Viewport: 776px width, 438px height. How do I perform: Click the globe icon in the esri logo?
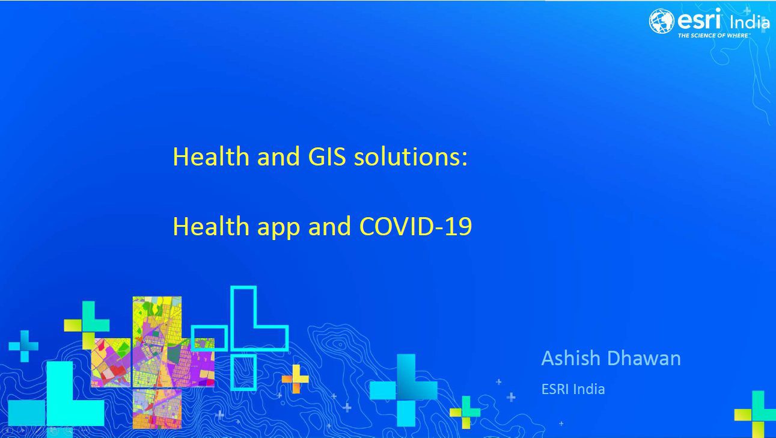point(661,21)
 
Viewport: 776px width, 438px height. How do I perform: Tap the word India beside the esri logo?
point(750,22)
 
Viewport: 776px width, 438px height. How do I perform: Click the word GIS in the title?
point(326,156)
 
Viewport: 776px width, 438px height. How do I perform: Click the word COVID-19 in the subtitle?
point(416,226)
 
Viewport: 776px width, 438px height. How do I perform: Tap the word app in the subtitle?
point(278,228)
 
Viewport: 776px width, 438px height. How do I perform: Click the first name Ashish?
point(570,358)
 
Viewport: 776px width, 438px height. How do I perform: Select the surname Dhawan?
point(644,358)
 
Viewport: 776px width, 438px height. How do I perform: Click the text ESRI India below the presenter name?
point(573,389)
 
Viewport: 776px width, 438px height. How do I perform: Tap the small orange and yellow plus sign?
point(296,379)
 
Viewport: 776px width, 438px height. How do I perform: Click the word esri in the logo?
point(699,19)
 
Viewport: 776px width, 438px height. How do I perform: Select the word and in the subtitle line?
point(329,226)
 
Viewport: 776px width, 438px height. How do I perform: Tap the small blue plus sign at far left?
point(23,346)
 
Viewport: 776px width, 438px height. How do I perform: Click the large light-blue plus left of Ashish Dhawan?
point(404,390)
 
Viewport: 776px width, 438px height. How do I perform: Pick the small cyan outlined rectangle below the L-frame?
point(231,372)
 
